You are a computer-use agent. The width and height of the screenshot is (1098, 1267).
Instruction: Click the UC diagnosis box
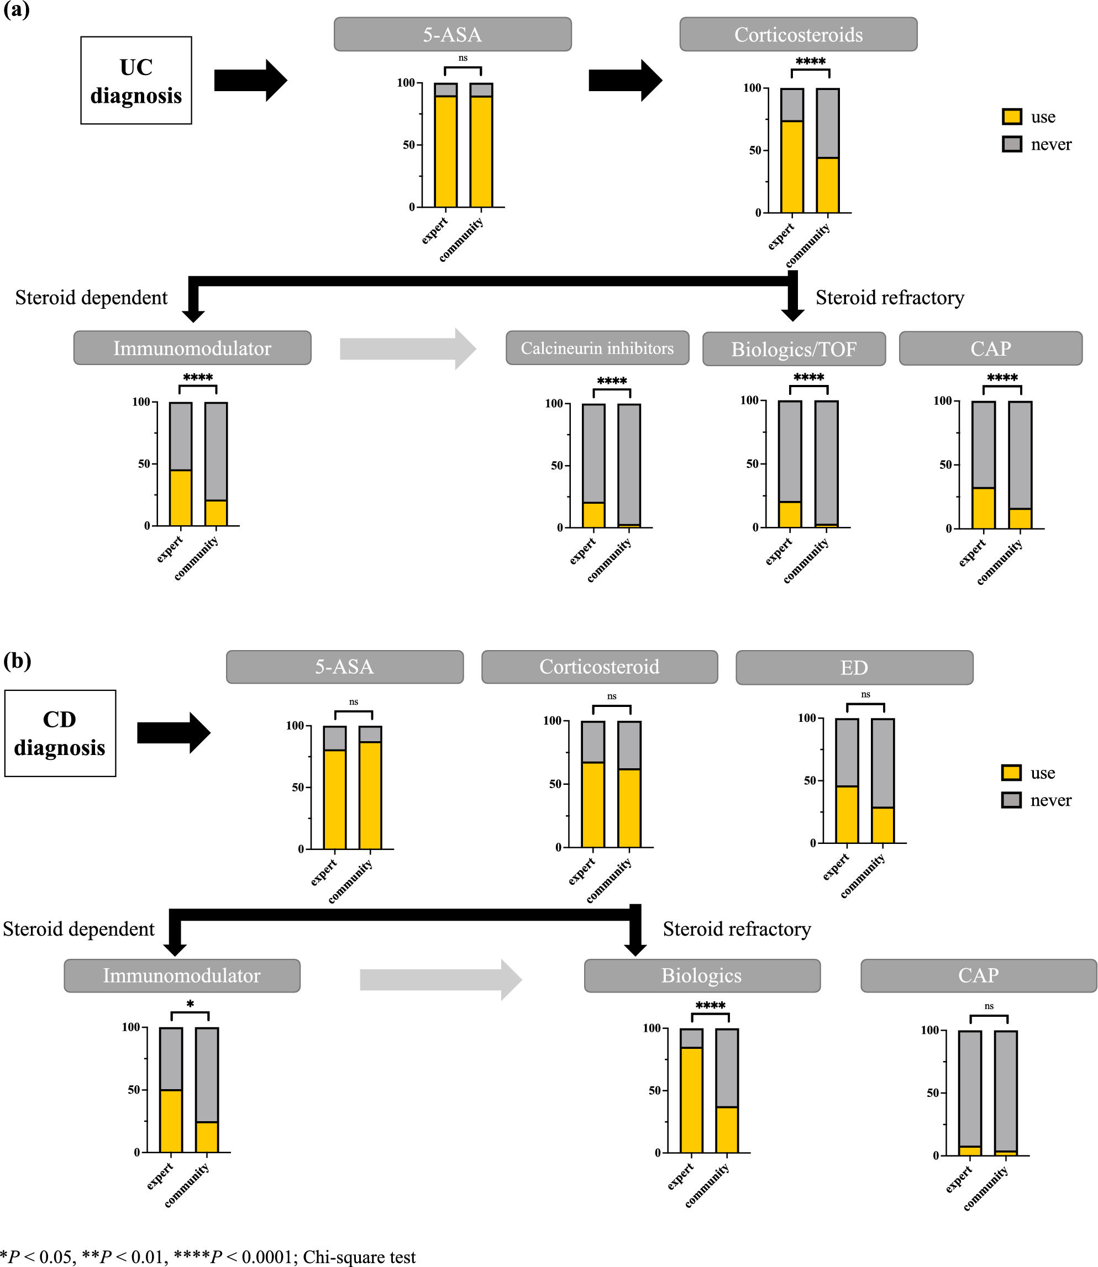click(x=136, y=80)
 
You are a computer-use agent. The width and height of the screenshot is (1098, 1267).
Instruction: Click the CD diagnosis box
click(x=60, y=733)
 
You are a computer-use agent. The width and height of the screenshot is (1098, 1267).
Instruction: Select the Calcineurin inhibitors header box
click(x=597, y=348)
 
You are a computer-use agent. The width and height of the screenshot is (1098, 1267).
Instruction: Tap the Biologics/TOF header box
click(x=794, y=349)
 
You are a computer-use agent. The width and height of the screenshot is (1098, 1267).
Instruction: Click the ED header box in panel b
click(x=854, y=667)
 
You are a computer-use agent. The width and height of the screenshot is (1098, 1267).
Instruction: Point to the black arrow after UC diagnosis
click(x=250, y=80)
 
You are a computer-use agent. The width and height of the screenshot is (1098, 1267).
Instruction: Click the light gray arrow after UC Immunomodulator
click(x=407, y=349)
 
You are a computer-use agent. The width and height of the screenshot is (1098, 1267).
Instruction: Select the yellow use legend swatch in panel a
click(x=1012, y=117)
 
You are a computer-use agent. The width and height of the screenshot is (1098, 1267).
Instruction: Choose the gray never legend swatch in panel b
click(x=1011, y=800)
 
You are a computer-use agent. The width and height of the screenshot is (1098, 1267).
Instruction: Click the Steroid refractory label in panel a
click(x=890, y=298)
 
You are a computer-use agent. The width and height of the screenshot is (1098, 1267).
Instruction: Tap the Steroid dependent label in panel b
click(x=78, y=929)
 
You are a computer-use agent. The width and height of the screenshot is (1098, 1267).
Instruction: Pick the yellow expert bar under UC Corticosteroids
click(x=792, y=167)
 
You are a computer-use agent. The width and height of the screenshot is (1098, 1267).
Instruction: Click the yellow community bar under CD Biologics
click(x=727, y=1129)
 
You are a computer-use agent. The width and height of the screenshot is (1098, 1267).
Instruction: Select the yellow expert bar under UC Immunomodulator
click(x=181, y=497)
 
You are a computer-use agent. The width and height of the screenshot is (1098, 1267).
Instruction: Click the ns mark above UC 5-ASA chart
click(x=463, y=58)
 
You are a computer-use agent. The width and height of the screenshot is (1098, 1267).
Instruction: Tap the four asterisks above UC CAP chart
click(x=1002, y=378)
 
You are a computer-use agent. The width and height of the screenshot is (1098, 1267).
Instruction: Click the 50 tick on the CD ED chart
click(x=810, y=781)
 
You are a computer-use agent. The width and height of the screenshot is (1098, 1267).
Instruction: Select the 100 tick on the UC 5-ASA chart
click(x=406, y=83)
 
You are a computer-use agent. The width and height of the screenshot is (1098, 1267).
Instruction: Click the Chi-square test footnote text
click(x=359, y=1257)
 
